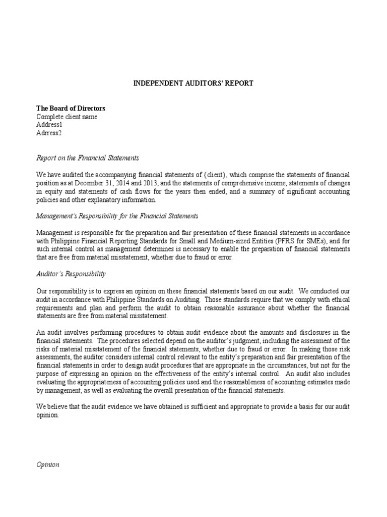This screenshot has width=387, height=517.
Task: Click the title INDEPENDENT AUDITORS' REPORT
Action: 193,83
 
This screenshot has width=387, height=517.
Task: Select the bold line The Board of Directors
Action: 71,109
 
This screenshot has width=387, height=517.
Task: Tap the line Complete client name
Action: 67,117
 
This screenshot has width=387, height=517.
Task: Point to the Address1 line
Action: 49,125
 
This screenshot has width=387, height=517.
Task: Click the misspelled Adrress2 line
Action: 49,133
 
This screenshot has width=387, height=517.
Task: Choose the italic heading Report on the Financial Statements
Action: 87,158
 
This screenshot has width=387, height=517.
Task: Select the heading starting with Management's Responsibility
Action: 117,216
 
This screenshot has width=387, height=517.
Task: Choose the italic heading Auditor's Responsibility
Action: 71,274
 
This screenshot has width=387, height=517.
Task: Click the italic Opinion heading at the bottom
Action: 48,464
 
